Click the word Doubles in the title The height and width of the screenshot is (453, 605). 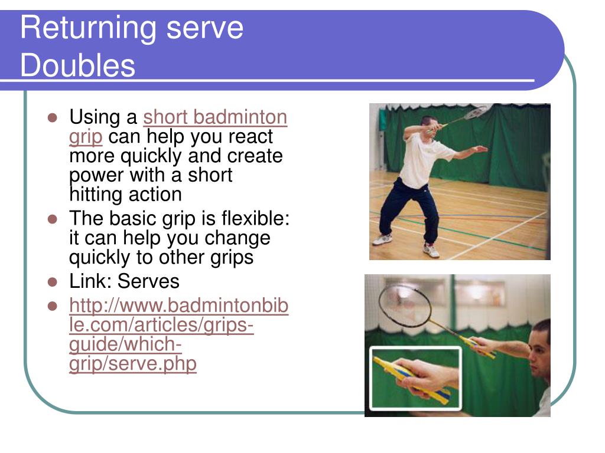[78, 65]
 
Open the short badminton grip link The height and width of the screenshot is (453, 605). [178, 126]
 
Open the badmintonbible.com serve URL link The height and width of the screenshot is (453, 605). [178, 334]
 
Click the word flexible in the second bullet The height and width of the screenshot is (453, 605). [255, 218]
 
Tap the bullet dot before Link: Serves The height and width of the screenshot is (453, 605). [53, 282]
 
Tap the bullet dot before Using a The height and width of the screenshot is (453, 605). [53, 117]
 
